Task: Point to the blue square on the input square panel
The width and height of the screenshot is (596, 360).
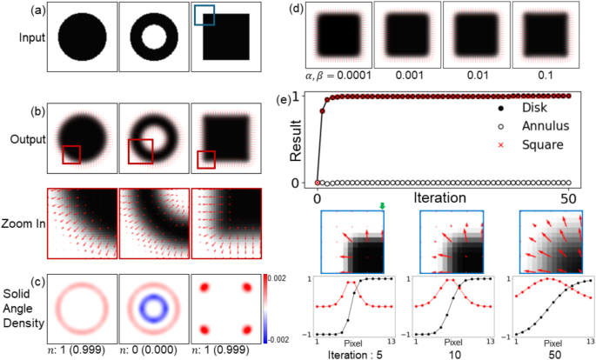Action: coord(204,16)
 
